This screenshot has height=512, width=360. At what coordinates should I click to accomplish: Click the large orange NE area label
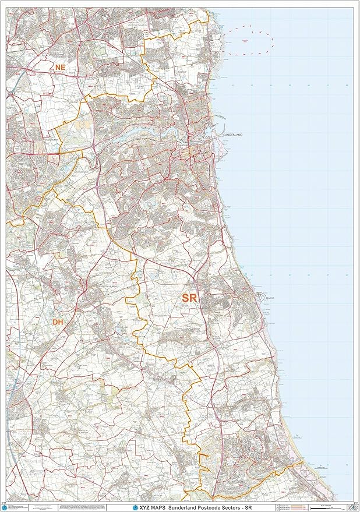tap(59, 68)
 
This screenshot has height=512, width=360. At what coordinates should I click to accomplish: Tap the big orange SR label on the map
tap(189, 298)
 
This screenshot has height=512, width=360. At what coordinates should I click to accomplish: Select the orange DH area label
tap(57, 322)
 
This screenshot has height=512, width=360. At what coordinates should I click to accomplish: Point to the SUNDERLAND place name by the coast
tap(232, 135)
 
